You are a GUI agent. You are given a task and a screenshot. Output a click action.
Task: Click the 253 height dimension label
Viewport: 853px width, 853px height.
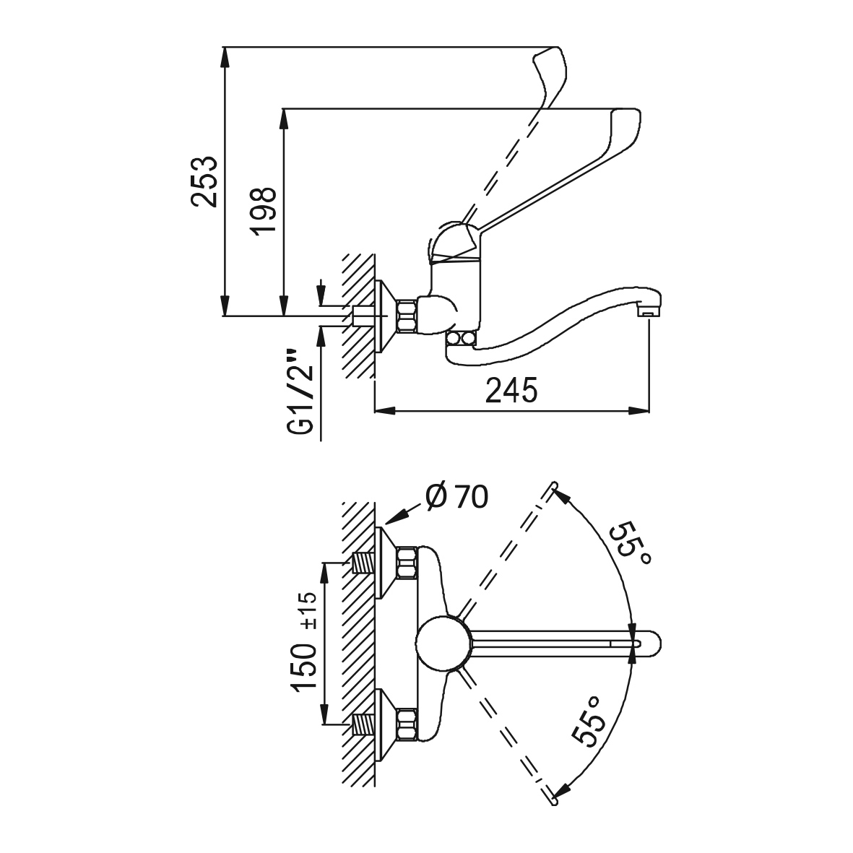204,182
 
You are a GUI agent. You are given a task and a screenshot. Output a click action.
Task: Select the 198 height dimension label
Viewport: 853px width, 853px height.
264,211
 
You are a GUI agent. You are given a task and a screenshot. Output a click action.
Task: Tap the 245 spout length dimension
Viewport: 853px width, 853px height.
511,390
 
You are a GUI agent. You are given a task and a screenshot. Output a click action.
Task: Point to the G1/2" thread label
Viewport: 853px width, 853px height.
301,391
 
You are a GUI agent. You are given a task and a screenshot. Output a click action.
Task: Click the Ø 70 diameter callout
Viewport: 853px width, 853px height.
457,496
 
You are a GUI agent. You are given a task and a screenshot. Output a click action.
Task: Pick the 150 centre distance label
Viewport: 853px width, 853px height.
304,667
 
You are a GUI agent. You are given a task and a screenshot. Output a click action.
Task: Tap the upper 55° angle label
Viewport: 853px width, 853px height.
629,543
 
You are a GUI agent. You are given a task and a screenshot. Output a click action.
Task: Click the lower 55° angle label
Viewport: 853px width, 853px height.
589,720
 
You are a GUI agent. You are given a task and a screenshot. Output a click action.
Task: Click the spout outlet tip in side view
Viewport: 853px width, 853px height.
647,312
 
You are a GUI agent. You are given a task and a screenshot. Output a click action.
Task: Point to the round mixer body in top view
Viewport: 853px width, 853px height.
443,644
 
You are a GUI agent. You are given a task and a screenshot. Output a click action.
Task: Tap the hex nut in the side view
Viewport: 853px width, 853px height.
408,316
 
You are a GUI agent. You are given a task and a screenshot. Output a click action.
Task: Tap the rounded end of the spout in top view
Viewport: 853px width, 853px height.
653,644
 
